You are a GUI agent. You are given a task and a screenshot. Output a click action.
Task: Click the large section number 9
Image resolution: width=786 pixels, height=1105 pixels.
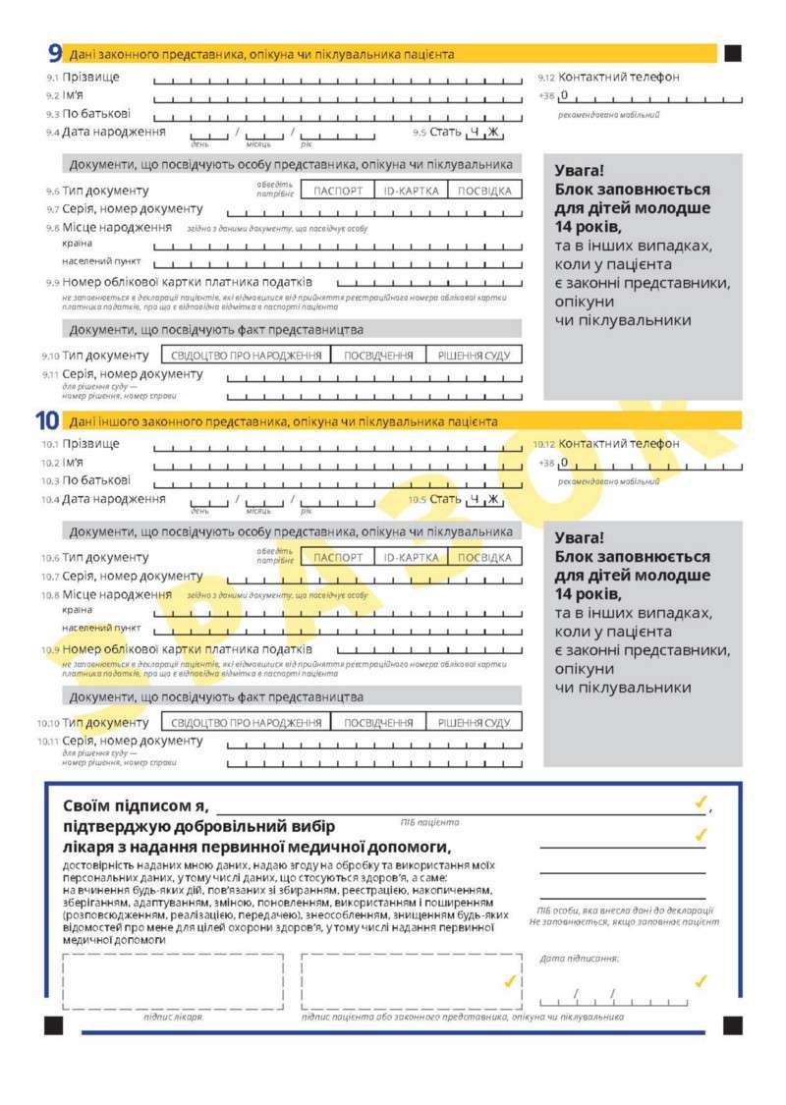[54, 54]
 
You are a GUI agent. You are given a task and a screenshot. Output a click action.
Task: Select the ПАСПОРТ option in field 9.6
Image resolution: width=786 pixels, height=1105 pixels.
[339, 191]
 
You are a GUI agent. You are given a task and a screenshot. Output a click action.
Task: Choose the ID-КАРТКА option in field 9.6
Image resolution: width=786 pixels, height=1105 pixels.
[411, 191]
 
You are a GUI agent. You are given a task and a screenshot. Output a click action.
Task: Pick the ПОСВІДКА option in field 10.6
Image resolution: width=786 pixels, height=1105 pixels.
[484, 557]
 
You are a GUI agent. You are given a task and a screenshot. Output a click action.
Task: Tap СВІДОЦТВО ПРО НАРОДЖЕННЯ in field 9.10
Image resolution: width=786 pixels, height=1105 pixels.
[245, 355]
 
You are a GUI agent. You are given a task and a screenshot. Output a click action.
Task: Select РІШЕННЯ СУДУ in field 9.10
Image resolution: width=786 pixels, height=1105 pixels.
[475, 355]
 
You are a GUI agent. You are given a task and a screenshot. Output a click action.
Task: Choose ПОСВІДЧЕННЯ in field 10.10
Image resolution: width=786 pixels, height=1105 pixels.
[377, 722]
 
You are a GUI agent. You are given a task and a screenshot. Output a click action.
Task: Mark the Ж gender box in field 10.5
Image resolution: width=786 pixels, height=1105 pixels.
[493, 499]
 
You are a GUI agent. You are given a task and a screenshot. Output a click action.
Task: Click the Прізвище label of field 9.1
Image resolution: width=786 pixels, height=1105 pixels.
[91, 77]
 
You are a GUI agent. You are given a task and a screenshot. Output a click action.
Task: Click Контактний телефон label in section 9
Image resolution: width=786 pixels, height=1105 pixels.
[619, 77]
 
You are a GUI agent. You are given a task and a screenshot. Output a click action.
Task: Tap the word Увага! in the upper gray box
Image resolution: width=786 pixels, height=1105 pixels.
[580, 170]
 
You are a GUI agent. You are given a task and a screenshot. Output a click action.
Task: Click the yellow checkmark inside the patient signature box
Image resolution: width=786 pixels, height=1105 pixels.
[509, 980]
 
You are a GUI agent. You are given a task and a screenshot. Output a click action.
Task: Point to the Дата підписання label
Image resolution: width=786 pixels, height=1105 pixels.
[579, 958]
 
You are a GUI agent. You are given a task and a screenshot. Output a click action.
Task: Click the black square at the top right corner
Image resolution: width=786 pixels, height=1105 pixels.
[733, 53]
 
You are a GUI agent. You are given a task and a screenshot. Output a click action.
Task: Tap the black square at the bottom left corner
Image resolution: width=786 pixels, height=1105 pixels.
[53, 1025]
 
